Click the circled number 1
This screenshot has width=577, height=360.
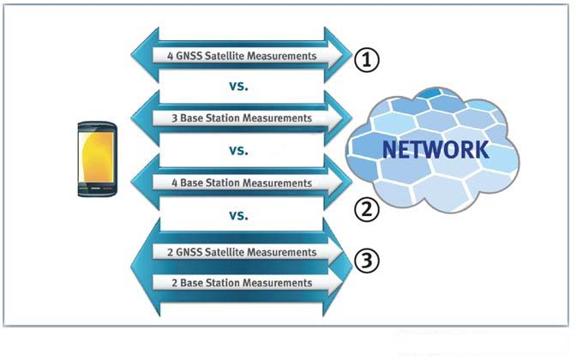point(366,59)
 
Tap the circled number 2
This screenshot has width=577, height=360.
point(366,209)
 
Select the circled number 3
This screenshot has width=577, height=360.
point(366,262)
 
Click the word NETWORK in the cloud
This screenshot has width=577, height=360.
point(436,149)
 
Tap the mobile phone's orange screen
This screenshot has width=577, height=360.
point(96,159)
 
